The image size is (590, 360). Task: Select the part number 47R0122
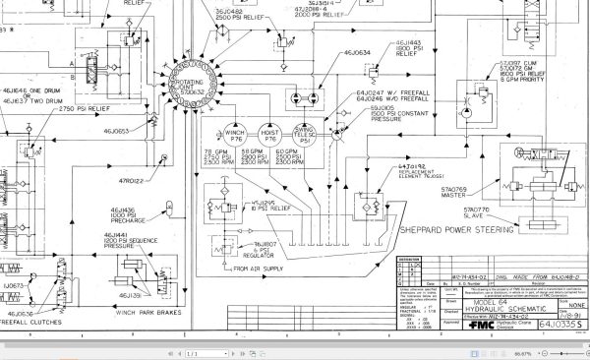tap(132, 182)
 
